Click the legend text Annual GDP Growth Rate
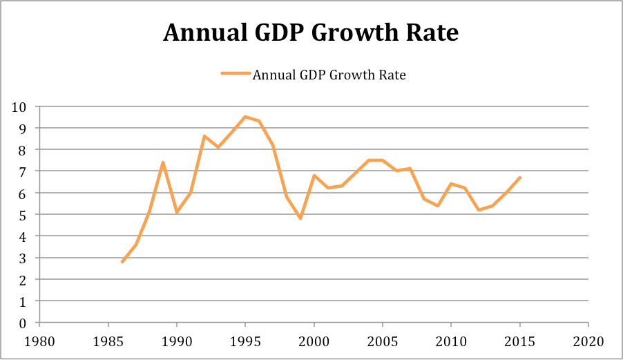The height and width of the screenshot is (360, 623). pyautogui.click(x=329, y=75)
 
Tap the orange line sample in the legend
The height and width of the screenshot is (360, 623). pyautogui.click(x=235, y=75)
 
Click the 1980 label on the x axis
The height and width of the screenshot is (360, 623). pyautogui.click(x=39, y=341)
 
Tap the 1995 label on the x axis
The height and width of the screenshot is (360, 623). pyautogui.click(x=245, y=341)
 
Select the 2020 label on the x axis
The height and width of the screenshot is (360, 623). pyautogui.click(x=588, y=341)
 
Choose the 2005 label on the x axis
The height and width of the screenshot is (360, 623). pyautogui.click(x=382, y=341)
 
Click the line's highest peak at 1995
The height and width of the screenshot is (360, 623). pyautogui.click(x=245, y=117)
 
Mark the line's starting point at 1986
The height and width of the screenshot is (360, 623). pyautogui.click(x=122, y=262)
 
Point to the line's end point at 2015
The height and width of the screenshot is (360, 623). pyautogui.click(x=519, y=178)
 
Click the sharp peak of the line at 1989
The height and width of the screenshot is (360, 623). pyautogui.click(x=163, y=162)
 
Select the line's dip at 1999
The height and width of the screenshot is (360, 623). pyautogui.click(x=300, y=218)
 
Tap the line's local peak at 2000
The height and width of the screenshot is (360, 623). pyautogui.click(x=314, y=176)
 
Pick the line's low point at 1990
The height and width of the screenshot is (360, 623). pyautogui.click(x=177, y=212)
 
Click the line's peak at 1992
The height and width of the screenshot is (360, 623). pyautogui.click(x=204, y=136)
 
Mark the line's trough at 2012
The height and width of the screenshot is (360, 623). pyautogui.click(x=478, y=210)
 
